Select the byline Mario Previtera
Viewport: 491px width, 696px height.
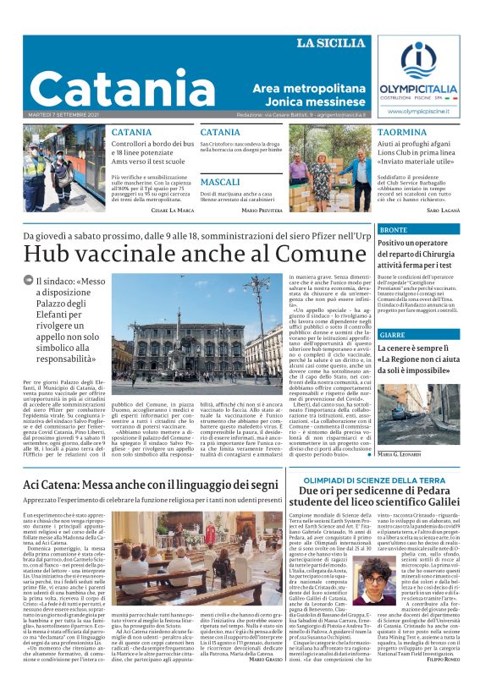tap(261, 209)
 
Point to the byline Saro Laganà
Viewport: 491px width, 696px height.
tap(443, 209)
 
